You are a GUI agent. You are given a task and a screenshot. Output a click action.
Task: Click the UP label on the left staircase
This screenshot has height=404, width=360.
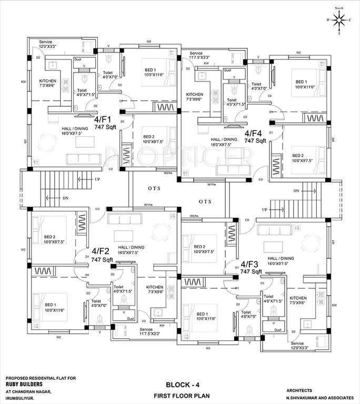97,179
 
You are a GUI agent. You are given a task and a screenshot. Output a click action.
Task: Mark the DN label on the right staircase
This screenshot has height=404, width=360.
296,190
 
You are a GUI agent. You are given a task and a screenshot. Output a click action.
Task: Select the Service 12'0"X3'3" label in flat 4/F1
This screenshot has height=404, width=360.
51,44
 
